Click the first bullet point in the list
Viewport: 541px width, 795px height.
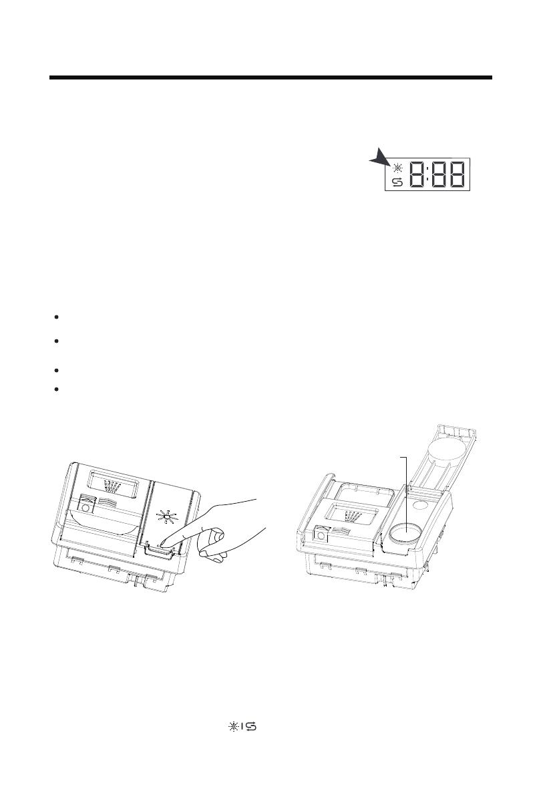point(59,316)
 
